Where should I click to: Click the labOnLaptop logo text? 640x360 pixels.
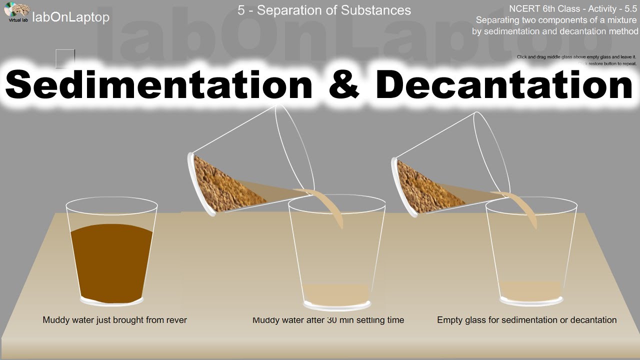(x=70, y=17)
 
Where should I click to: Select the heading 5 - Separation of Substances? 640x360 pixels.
(x=324, y=10)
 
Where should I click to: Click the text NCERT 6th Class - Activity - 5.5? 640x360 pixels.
(x=573, y=8)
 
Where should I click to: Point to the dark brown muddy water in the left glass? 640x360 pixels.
(x=111, y=262)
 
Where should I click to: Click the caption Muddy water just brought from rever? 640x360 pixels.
(x=114, y=320)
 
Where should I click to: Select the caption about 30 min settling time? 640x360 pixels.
(x=328, y=320)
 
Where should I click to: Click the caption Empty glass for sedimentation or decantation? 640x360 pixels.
(x=526, y=320)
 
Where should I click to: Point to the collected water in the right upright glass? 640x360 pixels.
(x=530, y=290)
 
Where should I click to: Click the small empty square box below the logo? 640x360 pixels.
(x=65, y=58)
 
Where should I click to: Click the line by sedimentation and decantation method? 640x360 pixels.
(x=555, y=31)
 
